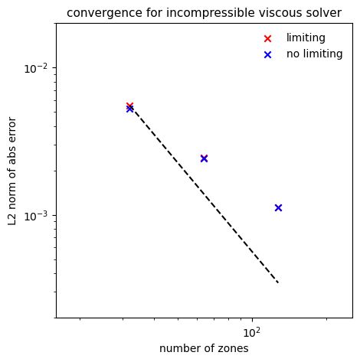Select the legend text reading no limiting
[x=313, y=54]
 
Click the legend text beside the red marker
[x=306, y=38]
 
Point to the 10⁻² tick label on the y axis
[x=37, y=68]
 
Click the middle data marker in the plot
[x=204, y=158]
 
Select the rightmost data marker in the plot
[x=278, y=207]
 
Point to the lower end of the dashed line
[x=278, y=283]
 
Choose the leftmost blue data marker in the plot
[x=129, y=109]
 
